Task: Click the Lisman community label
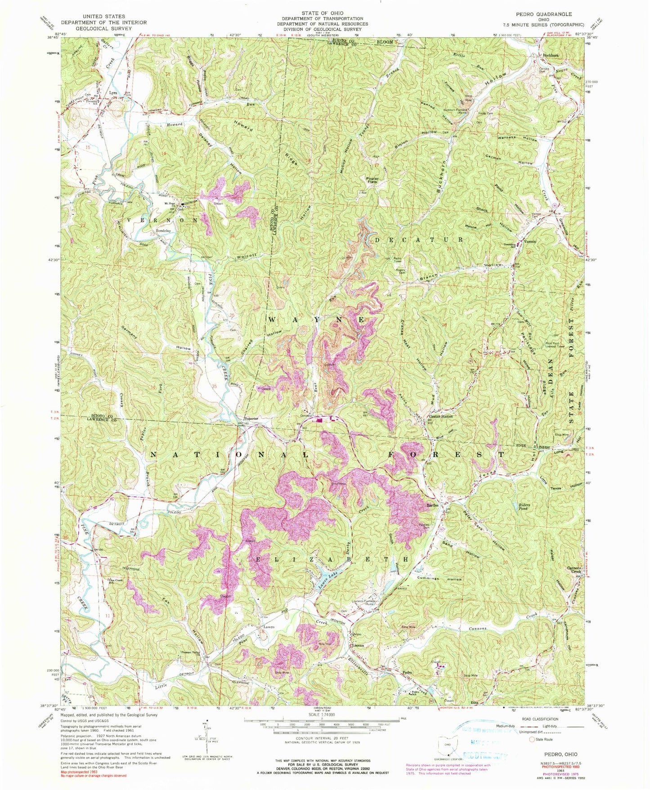358,645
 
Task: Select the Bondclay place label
163,231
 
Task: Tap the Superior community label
251,419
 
